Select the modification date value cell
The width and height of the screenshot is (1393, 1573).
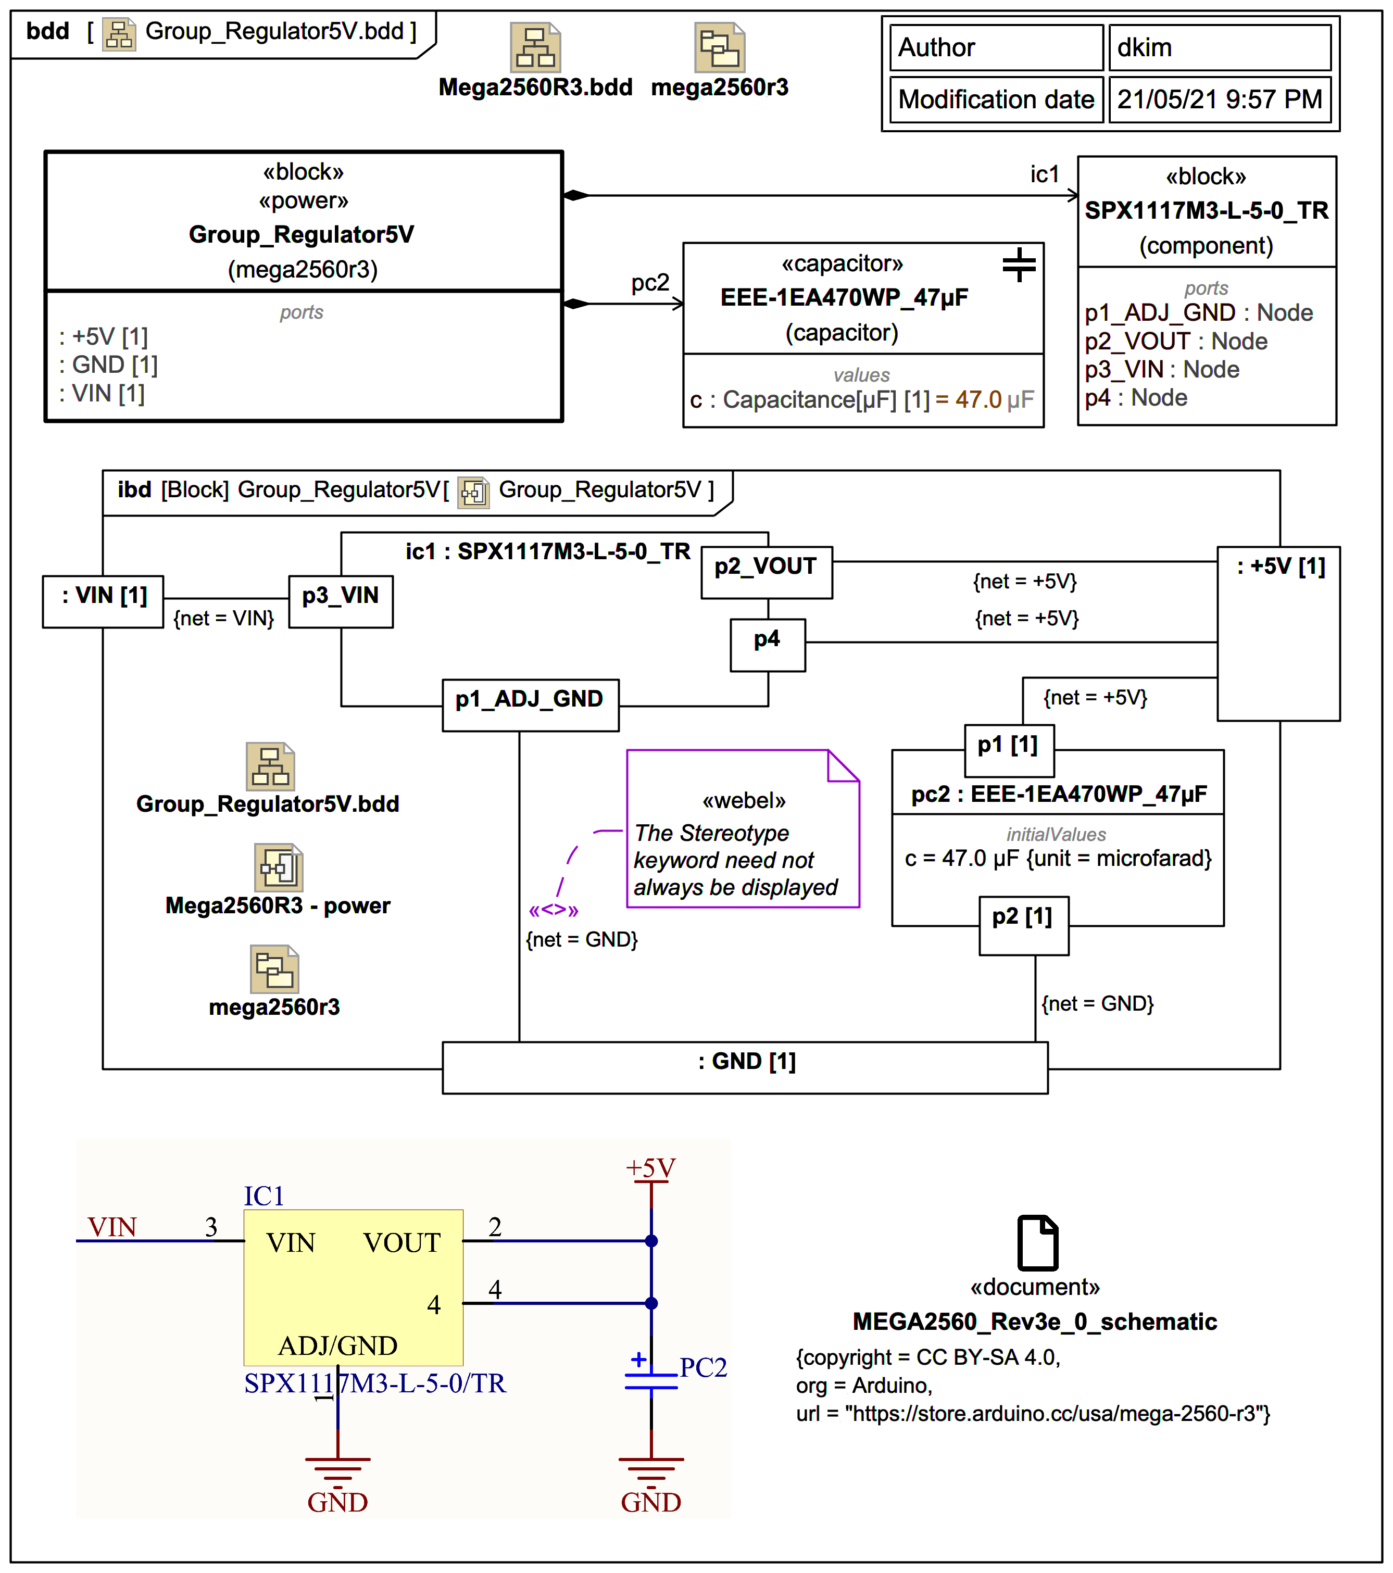point(1219,99)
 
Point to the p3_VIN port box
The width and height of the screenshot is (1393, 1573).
point(341,602)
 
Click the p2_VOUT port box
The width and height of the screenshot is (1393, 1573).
point(766,572)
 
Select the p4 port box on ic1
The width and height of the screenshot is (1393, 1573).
point(767,645)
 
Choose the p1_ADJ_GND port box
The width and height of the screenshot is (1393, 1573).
point(530,704)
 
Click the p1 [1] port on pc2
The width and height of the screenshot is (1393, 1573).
point(1009,750)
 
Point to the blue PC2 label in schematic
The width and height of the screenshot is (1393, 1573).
point(702,1367)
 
